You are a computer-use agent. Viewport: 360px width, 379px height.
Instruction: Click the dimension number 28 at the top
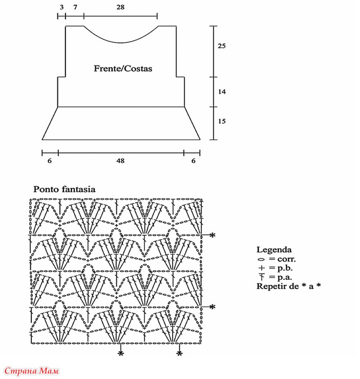click(x=120, y=7)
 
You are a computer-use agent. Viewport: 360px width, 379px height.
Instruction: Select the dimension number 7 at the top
click(x=75, y=7)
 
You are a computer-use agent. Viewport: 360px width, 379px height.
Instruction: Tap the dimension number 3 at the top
click(x=62, y=7)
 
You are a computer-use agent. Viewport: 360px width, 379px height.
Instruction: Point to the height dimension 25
click(x=221, y=45)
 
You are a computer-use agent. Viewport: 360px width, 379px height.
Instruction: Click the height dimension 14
click(x=221, y=92)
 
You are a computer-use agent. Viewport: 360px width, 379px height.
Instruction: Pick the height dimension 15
click(x=221, y=121)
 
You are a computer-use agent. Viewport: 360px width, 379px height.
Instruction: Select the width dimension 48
click(x=120, y=160)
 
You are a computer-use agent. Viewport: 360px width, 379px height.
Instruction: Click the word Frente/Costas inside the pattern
click(x=123, y=68)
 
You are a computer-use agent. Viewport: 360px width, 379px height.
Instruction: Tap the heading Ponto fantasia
click(x=64, y=189)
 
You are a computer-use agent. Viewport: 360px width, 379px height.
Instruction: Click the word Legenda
click(x=274, y=250)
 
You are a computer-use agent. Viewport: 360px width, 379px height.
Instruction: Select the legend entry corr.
click(x=286, y=259)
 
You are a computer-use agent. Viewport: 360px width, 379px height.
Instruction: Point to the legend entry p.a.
click(x=285, y=277)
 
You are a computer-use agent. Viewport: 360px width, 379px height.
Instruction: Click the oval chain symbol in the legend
click(x=261, y=259)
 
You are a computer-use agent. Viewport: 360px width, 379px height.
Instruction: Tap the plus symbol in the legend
click(x=261, y=268)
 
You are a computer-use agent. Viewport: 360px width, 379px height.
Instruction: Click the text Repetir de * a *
click(x=289, y=286)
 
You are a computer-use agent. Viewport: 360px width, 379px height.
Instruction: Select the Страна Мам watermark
click(x=31, y=371)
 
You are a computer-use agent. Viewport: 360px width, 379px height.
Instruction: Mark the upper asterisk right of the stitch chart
click(x=212, y=235)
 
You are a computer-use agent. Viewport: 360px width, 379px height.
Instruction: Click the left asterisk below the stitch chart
click(x=121, y=354)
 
